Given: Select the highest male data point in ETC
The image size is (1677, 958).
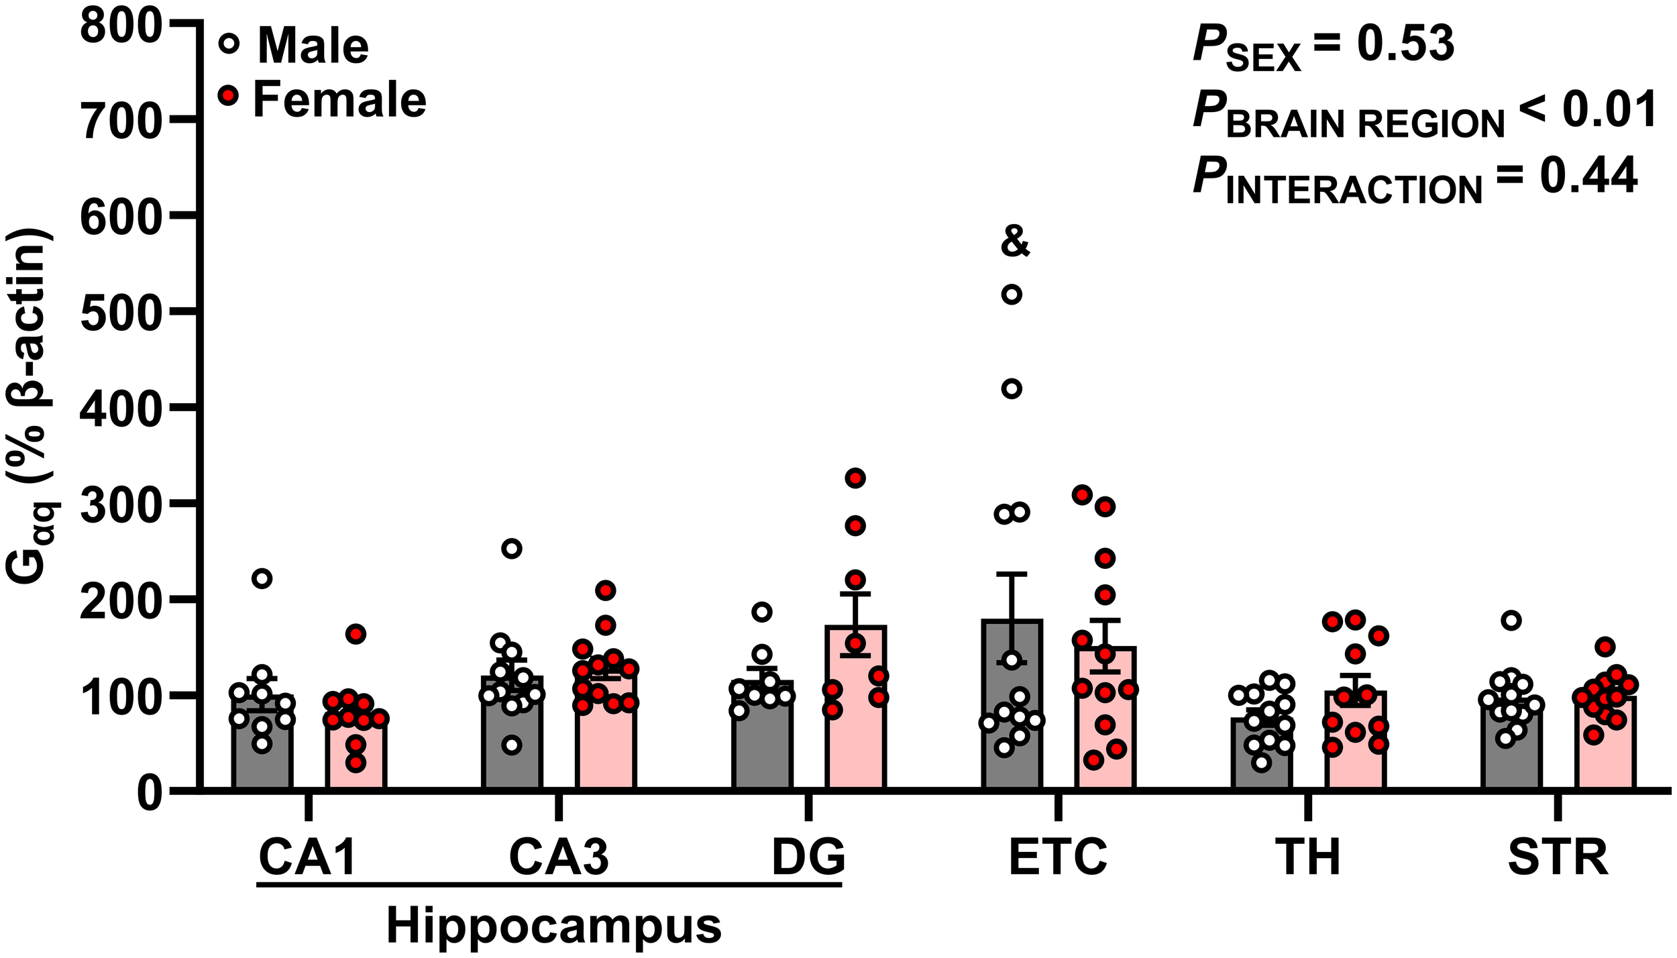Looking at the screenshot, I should pos(1012,295).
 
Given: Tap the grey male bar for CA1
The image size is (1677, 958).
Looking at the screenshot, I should pos(262,758).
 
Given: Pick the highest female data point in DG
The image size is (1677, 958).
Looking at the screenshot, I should pos(855,478).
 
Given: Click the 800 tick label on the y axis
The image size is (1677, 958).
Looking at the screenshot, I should pos(121,28).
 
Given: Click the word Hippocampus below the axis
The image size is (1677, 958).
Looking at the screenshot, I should pos(553,926).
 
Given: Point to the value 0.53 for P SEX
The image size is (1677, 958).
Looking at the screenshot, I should pos(1405,44).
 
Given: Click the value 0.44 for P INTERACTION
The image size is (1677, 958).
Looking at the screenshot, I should pos(1588,176).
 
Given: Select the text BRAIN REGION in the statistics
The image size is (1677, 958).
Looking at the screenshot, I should pos(1365,124).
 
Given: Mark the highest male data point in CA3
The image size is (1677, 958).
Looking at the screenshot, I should pos(512,549).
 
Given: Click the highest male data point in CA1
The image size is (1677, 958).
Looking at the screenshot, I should pos(262,578).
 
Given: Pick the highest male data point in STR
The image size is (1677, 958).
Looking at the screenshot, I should pos(1511,620).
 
